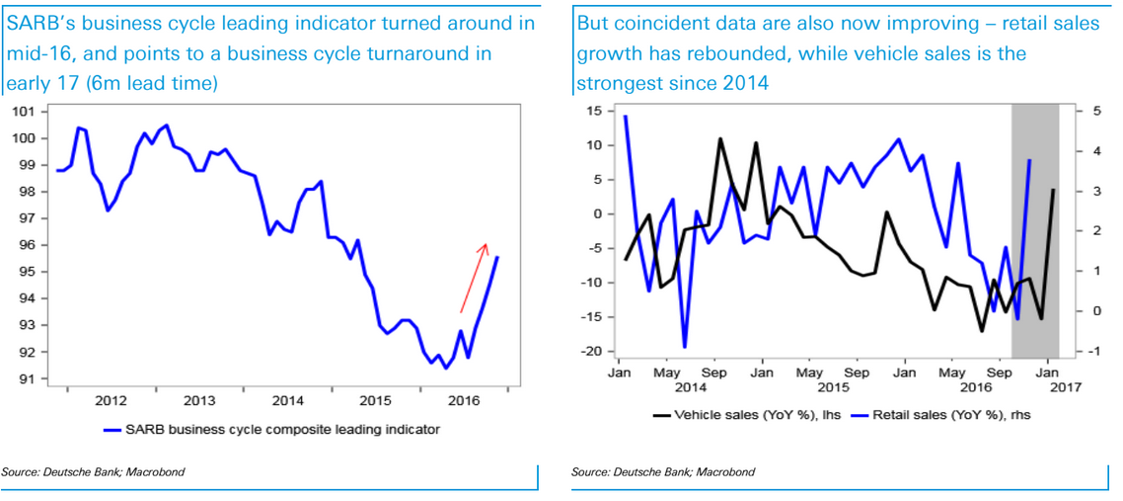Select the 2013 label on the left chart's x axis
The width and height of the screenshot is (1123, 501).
(199, 400)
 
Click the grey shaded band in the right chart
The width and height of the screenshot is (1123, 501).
(1035, 227)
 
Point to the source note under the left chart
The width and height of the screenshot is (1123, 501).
(93, 472)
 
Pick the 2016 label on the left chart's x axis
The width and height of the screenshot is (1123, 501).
(464, 400)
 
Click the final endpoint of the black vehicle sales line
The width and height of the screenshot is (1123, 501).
(1054, 190)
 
